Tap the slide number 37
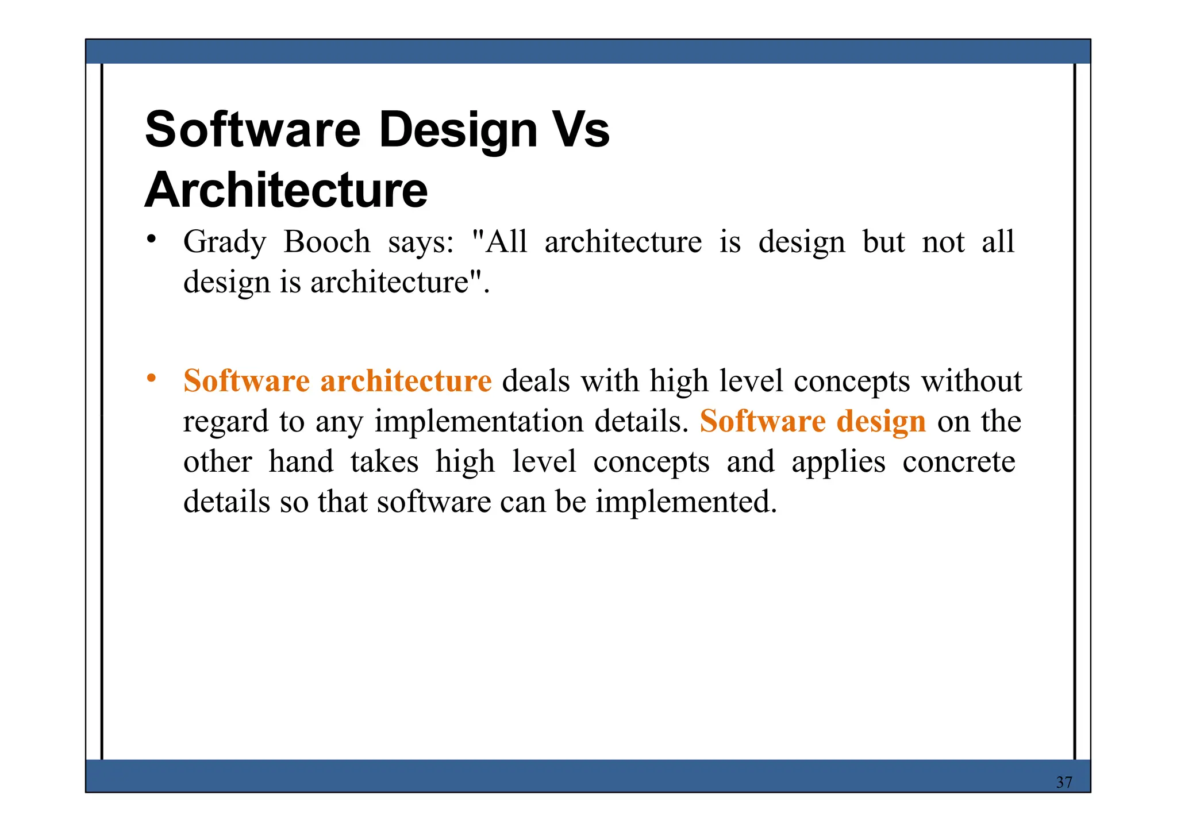[x=1064, y=782]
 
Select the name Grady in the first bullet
[x=225, y=242]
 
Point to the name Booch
[x=327, y=242]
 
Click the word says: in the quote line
[x=421, y=242]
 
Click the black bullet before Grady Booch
[x=151, y=239]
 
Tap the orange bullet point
[x=151, y=378]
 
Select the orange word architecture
[x=406, y=381]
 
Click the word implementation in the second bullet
[x=479, y=422]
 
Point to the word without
[x=972, y=381]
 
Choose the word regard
[x=226, y=422]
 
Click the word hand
[x=301, y=462]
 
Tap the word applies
[x=838, y=462]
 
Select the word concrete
[x=959, y=462]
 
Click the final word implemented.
[x=686, y=502]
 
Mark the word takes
[x=384, y=462]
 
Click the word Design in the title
[x=458, y=130]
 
